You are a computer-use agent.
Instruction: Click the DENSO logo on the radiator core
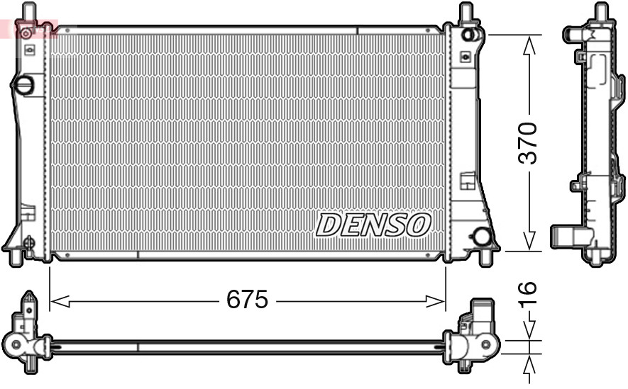pos(373,225)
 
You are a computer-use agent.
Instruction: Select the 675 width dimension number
pos(247,300)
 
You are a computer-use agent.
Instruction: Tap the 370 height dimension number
pos(528,143)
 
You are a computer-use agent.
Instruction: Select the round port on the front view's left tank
pos(24,86)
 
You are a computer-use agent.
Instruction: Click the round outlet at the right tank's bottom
pos(483,237)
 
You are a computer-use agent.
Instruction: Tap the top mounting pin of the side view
pos(600,12)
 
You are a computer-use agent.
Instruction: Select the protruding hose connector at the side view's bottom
pos(566,236)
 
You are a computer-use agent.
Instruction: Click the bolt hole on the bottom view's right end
pos(487,345)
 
